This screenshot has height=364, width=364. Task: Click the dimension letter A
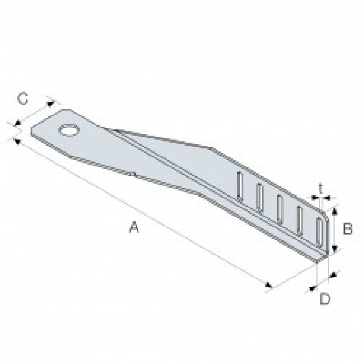133,227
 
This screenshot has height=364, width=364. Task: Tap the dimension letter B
347,228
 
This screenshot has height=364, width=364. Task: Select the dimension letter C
22,99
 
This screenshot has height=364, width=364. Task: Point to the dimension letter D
325,298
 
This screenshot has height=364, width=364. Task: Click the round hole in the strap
69,131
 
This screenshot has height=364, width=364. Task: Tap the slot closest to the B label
319,231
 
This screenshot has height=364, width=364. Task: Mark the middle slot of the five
279,208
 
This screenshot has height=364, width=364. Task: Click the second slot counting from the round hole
259,198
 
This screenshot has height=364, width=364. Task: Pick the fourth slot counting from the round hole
300,220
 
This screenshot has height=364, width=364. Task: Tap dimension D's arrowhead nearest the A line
312,289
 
